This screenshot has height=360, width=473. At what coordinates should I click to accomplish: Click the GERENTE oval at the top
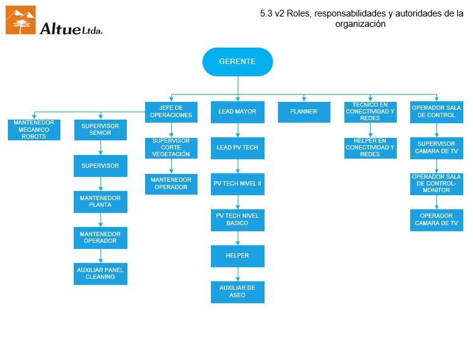pyautogui.click(x=237, y=62)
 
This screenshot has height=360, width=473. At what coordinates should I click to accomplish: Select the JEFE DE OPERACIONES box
pyautogui.click(x=171, y=112)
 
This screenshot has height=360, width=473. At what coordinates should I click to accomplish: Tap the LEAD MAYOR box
pyautogui.click(x=237, y=112)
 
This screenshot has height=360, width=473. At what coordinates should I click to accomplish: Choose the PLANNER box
pyautogui.click(x=304, y=112)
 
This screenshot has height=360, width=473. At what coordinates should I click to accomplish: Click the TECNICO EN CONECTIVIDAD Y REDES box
pyautogui.click(x=370, y=112)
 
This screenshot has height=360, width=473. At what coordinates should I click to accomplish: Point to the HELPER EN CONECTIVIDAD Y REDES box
pyautogui.click(x=370, y=148)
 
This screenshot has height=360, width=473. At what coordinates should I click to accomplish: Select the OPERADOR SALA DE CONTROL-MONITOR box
pyautogui.click(x=436, y=184)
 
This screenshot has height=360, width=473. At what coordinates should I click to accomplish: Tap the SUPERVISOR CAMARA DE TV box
pyautogui.click(x=436, y=148)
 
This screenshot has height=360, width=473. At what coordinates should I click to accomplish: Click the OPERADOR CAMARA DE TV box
pyautogui.click(x=436, y=220)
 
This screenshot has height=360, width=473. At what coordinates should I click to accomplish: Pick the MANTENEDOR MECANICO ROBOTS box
pyautogui.click(x=34, y=129)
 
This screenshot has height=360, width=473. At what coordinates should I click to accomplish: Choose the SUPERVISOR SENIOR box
pyautogui.click(x=101, y=129)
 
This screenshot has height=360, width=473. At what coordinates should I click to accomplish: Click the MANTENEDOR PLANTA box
pyautogui.click(x=101, y=202)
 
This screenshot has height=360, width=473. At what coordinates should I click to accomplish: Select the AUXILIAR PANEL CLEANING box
pyautogui.click(x=101, y=274)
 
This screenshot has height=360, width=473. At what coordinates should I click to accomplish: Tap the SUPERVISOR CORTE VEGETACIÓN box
pyautogui.click(x=171, y=148)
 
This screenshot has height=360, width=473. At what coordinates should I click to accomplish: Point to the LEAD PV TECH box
pyautogui.click(x=237, y=148)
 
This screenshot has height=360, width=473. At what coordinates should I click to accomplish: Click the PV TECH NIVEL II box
pyautogui.click(x=237, y=184)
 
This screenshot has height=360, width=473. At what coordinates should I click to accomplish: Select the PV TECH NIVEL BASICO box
pyautogui.click(x=237, y=220)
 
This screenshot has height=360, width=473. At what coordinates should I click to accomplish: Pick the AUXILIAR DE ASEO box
pyautogui.click(x=237, y=292)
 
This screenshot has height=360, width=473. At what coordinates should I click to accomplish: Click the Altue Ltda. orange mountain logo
pyautogui.click(x=21, y=20)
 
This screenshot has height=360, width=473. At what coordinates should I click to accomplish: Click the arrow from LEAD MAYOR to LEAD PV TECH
pyautogui.click(x=237, y=129)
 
